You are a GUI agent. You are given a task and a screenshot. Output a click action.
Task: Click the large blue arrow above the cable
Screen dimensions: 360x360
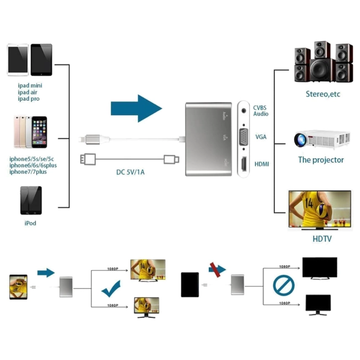(136, 108)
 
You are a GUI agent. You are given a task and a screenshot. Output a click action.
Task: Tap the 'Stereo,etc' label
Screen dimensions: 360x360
(323, 94)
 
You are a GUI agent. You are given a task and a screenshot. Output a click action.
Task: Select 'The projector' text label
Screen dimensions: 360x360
(321, 160)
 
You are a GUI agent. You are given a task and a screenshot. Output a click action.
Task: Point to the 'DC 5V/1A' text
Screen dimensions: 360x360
(130, 172)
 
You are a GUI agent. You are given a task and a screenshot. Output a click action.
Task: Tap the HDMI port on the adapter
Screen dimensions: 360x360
(244, 164)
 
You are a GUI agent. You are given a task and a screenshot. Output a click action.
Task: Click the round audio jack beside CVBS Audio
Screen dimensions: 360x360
(244, 111)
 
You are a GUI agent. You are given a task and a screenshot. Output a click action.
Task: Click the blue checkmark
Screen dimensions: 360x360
(111, 289)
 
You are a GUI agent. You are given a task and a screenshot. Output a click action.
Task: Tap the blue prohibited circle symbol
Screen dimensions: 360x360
(284, 285)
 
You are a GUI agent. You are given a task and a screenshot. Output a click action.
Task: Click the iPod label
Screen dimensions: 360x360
(30, 223)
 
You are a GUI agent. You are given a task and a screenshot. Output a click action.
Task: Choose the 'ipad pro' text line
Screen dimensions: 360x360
(28, 99)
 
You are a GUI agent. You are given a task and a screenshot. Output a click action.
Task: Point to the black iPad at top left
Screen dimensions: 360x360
(42, 59)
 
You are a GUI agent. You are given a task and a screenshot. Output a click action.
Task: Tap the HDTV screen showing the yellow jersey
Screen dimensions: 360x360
(320, 209)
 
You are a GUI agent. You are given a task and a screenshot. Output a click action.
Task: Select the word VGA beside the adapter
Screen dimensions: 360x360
(261, 137)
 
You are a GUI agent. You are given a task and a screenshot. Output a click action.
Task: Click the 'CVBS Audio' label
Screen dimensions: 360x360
(261, 110)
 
